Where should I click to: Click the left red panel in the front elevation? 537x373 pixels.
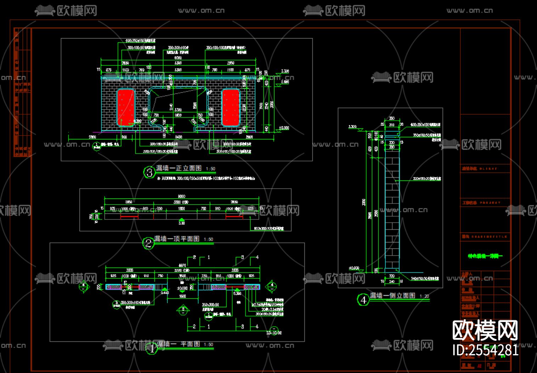click(x=125, y=108)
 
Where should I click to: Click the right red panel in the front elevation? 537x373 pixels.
click(x=231, y=108)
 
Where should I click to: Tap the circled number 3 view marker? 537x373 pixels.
click(x=149, y=172)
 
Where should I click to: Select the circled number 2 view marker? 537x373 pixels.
click(x=148, y=243)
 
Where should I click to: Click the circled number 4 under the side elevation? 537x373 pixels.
click(x=363, y=300)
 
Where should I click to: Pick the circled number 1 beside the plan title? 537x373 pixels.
click(x=152, y=349)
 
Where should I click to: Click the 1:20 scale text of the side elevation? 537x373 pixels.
click(x=424, y=296)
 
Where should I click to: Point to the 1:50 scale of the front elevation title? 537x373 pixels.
click(x=211, y=169)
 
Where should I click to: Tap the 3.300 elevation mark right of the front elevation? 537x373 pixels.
click(x=285, y=71)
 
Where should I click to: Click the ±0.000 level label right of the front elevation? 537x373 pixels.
click(x=284, y=128)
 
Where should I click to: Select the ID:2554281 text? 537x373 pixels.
click(x=485, y=350)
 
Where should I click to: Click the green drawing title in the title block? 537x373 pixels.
click(x=485, y=256)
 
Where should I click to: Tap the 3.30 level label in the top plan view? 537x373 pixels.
click(x=181, y=223)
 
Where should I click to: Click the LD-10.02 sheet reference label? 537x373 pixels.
click(x=274, y=333)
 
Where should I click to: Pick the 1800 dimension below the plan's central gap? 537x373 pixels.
click(x=182, y=296)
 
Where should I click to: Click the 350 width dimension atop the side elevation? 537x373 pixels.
click(x=392, y=119)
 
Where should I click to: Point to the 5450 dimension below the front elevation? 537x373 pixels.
click(x=179, y=137)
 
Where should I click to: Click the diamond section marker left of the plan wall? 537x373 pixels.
click(x=84, y=286)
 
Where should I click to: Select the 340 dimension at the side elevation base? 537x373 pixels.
click(x=392, y=282)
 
